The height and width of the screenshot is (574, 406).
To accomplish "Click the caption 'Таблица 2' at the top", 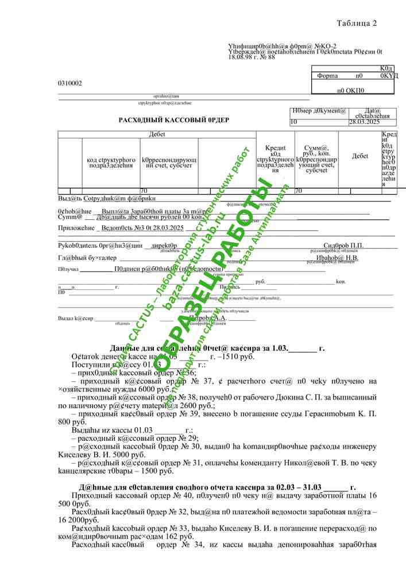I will (357, 24).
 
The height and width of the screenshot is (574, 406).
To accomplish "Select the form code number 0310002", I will (70, 83).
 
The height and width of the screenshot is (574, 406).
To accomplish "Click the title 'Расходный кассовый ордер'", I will (174, 120).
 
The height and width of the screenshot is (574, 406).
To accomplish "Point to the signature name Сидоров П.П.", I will (343, 246).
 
